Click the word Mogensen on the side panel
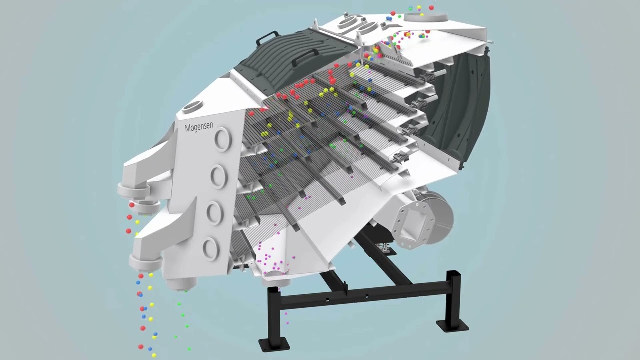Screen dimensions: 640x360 tap(199, 127)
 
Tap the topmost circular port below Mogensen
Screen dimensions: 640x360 tap(223, 139)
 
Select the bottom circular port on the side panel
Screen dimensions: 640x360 tap(211, 249)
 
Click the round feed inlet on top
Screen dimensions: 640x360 tap(425, 17)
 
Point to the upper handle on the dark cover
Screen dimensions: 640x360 tap(267, 37)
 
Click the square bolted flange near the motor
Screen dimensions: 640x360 tap(413, 221)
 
